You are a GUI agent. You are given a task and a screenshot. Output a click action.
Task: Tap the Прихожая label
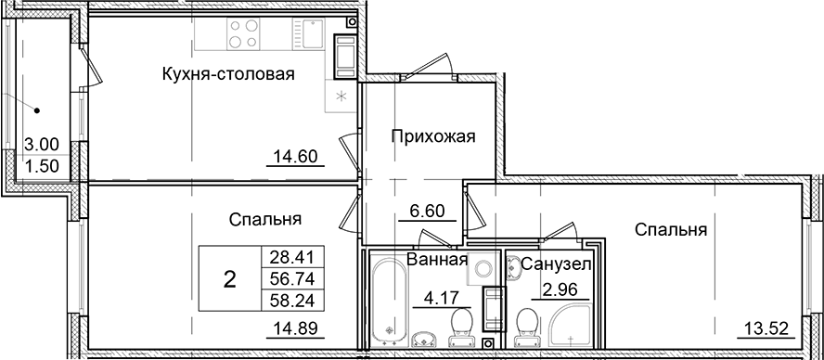point(432,137)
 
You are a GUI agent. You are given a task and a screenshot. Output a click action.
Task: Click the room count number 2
point(228,278)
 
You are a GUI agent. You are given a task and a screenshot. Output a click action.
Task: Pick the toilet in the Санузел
point(525,326)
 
